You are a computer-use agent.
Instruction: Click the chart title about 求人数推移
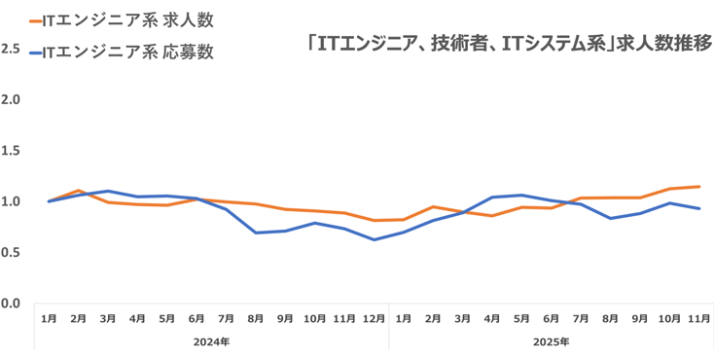(x=507, y=43)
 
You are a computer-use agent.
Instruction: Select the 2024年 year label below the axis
(x=211, y=342)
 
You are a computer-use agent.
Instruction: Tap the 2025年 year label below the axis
(x=552, y=342)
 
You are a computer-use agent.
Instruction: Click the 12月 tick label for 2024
(x=374, y=318)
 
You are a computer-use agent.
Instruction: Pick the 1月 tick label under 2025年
(x=404, y=318)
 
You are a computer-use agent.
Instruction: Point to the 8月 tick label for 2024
(x=256, y=318)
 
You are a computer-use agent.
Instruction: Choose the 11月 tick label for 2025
(x=698, y=318)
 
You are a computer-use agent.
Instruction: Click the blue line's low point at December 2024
(x=374, y=239)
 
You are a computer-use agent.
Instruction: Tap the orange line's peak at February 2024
(x=78, y=191)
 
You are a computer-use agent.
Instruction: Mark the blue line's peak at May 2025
(x=521, y=195)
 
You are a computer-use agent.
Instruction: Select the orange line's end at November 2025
(x=698, y=186)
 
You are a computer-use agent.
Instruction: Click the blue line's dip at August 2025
(x=610, y=218)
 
